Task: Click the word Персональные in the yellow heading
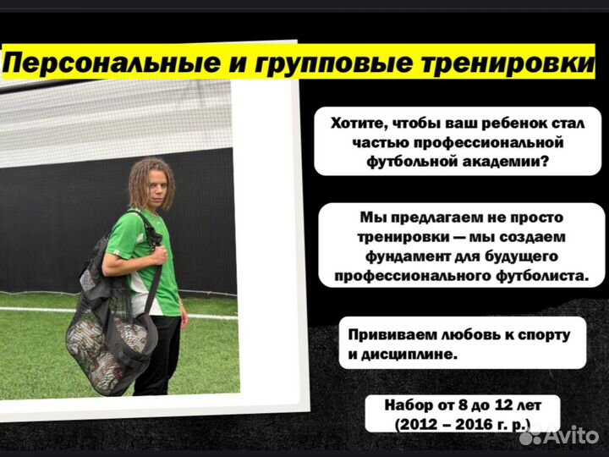click(x=111, y=63)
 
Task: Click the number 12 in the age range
click(x=495, y=405)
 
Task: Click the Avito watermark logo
click(x=559, y=435)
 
